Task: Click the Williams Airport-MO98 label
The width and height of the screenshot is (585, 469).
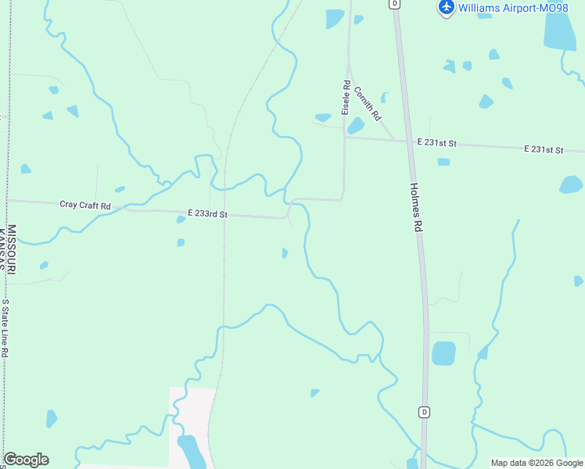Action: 513,8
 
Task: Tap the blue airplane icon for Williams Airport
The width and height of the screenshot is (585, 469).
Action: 447,7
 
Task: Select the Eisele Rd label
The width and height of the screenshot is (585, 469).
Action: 345,97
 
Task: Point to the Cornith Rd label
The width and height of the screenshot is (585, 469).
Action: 367,103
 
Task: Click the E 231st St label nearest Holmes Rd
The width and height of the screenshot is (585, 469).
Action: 436,143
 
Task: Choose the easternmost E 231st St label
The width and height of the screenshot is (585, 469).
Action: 544,149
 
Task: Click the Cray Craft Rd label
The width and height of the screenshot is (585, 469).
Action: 85,205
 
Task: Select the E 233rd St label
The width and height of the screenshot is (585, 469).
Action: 207,213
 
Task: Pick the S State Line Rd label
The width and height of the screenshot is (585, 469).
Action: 5,328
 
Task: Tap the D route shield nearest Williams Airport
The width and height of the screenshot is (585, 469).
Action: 395,3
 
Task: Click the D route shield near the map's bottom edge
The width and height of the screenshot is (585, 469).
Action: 424,412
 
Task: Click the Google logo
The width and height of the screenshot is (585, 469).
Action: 26,460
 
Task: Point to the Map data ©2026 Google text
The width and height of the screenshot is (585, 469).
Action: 536,463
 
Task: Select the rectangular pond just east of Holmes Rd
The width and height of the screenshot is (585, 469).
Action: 443,353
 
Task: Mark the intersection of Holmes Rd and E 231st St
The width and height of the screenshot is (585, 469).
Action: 408,141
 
